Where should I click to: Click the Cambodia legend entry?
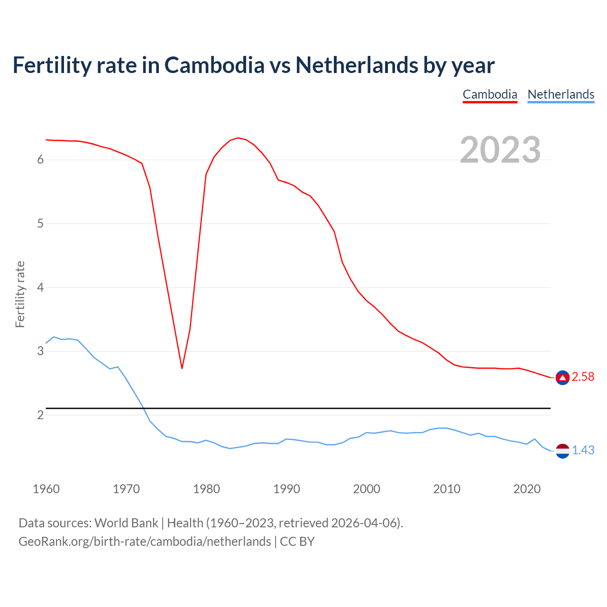coord(490,94)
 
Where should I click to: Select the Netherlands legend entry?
coord(561,94)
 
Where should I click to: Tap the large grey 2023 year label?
coord(500,150)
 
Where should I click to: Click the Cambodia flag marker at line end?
coord(562,377)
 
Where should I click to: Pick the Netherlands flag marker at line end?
coord(562,451)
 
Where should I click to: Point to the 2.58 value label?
coord(583,377)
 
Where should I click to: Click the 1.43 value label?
coord(583,451)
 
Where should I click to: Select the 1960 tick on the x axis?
coord(46,489)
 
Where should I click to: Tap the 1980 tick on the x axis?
coord(206,489)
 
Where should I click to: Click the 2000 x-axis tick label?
coord(367,489)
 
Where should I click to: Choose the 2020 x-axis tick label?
coord(527,489)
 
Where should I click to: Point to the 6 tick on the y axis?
coord(40,160)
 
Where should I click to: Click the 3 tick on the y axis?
coord(40,351)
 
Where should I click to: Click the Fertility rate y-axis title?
coord(20,294)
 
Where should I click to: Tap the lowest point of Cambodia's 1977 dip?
coord(182,368)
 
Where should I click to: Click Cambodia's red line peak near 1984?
coord(238,138)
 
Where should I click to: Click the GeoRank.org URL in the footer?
coord(145,542)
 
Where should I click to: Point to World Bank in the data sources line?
coord(126,523)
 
